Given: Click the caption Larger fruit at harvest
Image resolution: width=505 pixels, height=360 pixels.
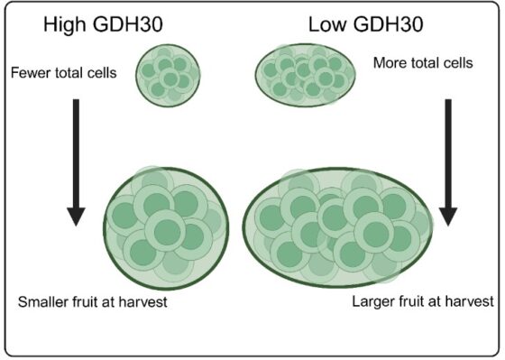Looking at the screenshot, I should pos(425,300).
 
